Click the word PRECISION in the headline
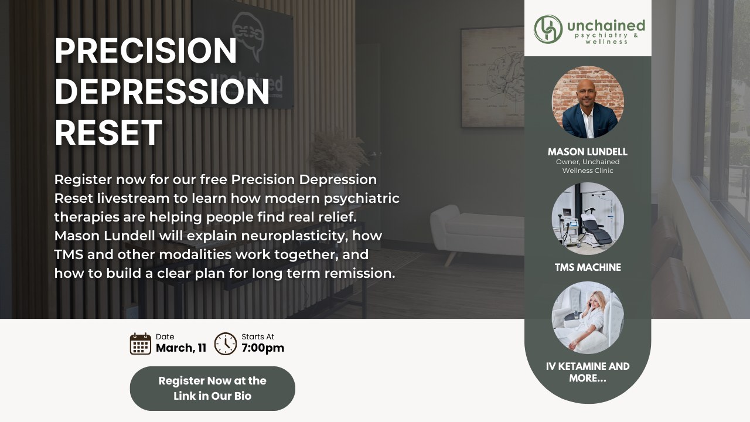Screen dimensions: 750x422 146,50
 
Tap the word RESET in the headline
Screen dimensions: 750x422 108,132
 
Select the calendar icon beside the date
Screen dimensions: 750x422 140,343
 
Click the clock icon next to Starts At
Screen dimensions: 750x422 226,343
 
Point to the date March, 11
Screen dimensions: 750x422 181,348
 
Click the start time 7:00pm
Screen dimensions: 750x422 263,348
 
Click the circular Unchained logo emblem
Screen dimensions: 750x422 548,29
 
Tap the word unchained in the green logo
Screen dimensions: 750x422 606,26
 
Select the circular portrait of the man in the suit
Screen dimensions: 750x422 588,102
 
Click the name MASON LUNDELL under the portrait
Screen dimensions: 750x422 588,152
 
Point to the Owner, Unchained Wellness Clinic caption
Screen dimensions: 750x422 588,166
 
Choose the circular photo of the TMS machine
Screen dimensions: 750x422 588,219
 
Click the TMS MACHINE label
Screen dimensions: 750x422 588,267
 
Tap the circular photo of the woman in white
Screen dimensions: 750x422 588,318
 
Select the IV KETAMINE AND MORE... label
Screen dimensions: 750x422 588,372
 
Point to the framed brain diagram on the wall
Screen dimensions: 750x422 492,77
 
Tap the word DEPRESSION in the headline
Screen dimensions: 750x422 162,91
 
